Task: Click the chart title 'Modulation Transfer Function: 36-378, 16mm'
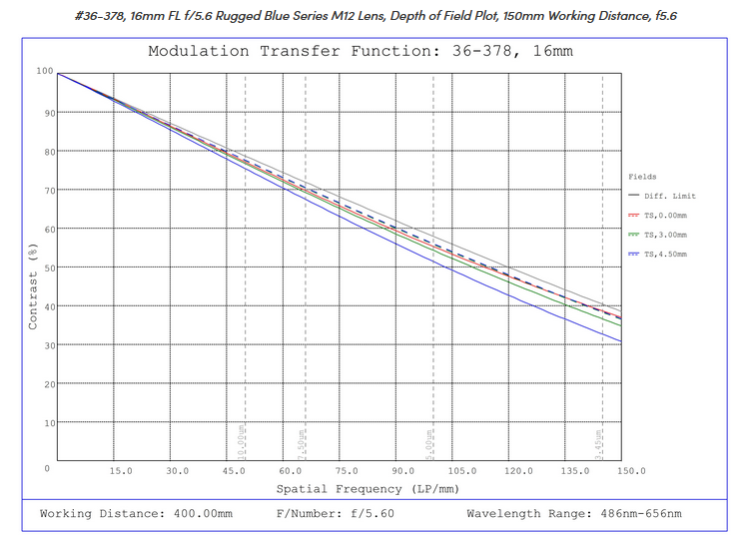(x=361, y=52)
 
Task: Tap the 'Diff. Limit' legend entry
(x=670, y=196)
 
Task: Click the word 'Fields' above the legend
(x=642, y=177)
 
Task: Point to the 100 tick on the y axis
(x=42, y=71)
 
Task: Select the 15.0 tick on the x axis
(x=121, y=470)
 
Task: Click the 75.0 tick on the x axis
(x=347, y=470)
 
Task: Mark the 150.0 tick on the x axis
(x=631, y=470)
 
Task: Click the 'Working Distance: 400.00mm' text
(x=136, y=514)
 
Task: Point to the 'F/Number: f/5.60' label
(x=335, y=514)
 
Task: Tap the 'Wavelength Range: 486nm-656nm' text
(x=574, y=514)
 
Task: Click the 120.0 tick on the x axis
(x=518, y=470)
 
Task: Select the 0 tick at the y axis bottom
(x=47, y=466)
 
